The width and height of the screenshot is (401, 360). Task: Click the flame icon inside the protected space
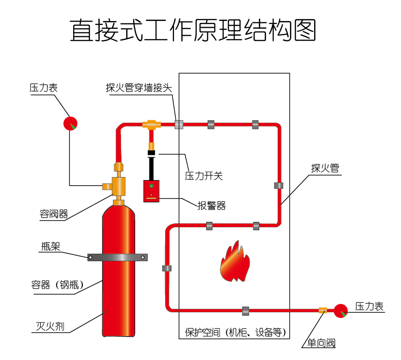(x=235, y=263)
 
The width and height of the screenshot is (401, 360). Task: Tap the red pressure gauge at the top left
(x=70, y=123)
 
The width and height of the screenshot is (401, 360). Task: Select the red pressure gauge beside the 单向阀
(x=341, y=311)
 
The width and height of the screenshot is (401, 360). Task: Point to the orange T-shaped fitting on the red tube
(x=150, y=124)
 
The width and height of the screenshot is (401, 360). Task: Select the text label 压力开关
(x=203, y=176)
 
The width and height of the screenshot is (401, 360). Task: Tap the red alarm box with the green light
(x=151, y=191)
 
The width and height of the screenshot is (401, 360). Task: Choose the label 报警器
(x=211, y=206)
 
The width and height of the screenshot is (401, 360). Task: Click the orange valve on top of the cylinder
(x=118, y=185)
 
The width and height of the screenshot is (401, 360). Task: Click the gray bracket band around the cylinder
(x=118, y=258)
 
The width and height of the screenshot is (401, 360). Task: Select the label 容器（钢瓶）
(x=58, y=285)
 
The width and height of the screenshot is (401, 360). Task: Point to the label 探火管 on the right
(x=325, y=168)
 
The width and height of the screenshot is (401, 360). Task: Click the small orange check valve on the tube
(x=323, y=310)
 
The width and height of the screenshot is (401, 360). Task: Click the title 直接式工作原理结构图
(x=193, y=31)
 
